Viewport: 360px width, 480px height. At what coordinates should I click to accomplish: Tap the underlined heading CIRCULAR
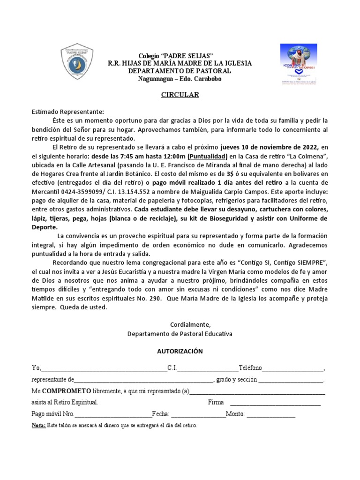tap(180, 95)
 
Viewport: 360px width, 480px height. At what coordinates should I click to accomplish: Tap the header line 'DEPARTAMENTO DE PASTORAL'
tap(180, 70)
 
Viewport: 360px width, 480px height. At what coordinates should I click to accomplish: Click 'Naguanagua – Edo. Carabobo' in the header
tap(180, 78)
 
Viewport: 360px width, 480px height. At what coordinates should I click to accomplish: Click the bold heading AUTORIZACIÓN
tap(180, 351)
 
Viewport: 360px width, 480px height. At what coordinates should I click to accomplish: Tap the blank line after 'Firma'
tap(276, 403)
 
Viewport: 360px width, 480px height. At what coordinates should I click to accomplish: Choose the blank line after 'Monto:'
tap(271, 414)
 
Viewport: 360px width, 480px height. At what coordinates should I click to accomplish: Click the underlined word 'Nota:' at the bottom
tap(38, 426)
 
